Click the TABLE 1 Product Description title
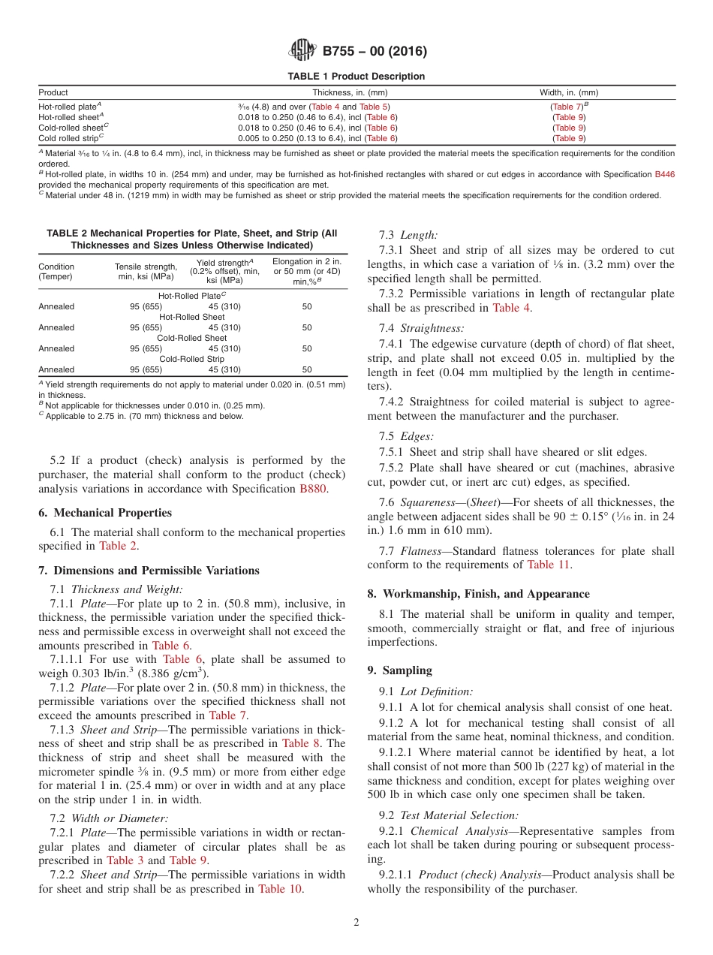pos(356,77)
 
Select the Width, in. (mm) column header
pos(569,92)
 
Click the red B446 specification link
pos(664,174)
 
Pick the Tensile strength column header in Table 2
pos(146,272)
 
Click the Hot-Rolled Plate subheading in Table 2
pos(191,296)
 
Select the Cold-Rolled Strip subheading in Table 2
pos(192,359)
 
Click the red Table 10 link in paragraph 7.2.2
pos(281,889)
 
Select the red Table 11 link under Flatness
pos(549,565)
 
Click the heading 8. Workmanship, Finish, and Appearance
pos(478,594)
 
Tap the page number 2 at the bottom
pos(356,923)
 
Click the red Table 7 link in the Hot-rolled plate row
pos(567,107)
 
